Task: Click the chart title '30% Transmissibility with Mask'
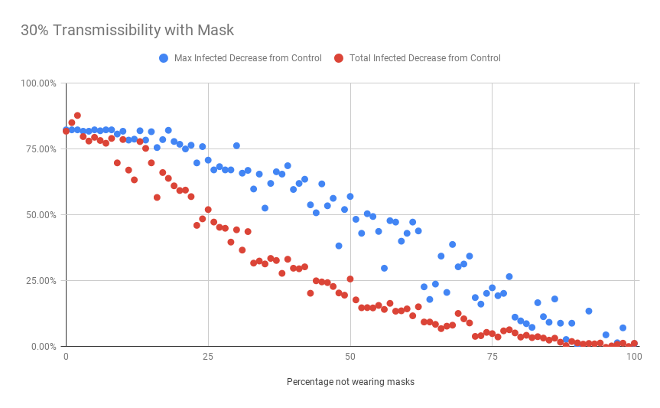coord(127,31)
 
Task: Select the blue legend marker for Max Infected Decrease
coord(164,58)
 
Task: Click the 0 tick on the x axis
coord(66,357)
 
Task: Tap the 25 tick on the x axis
coord(208,357)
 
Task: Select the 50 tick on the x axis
coord(350,357)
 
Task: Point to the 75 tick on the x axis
coord(492,357)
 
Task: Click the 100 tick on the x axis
coord(633,357)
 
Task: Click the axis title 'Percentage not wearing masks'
coord(350,381)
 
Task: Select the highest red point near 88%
coord(77,116)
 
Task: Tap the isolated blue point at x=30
coord(236,145)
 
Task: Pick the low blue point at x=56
coord(384,268)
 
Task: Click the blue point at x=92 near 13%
coord(589,311)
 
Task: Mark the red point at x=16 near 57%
coord(157,197)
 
